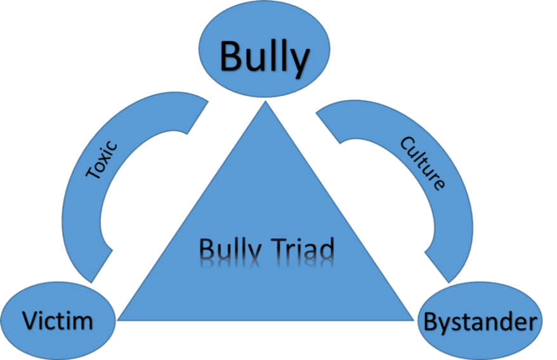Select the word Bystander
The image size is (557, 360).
coord(479,322)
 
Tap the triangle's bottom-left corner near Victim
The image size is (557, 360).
coord(119,319)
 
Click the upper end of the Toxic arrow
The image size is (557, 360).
coord(197,114)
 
